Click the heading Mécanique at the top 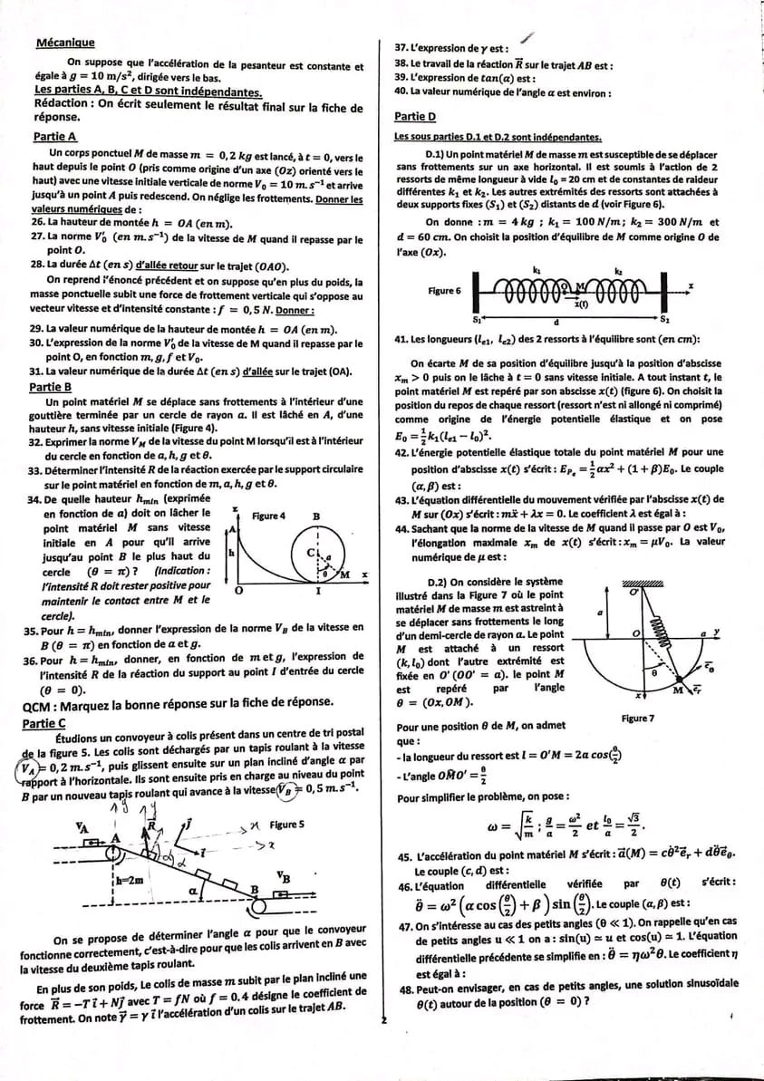point(64,43)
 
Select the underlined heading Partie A point(54,136)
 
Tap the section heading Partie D point(415,117)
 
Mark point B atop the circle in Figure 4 point(316,516)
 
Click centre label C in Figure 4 point(309,553)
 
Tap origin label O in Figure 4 point(237,590)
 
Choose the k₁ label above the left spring point(537,270)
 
